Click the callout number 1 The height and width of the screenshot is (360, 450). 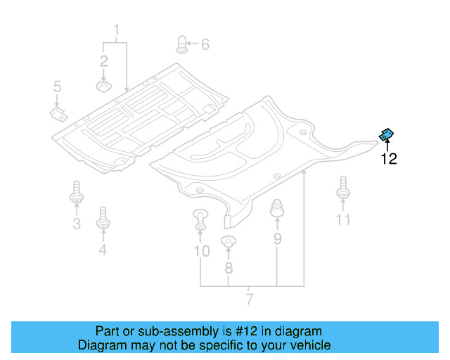[117, 30]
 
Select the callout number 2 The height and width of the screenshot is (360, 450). [103, 60]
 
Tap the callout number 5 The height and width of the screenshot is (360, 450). [58, 87]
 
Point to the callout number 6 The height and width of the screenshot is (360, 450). [205, 45]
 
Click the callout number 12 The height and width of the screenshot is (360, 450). [389, 159]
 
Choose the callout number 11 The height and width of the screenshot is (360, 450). [342, 220]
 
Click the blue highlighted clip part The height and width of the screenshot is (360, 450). [387, 134]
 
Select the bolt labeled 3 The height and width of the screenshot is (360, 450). [76, 193]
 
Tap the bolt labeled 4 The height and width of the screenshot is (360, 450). [103, 219]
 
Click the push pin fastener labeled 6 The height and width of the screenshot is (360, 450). [181, 44]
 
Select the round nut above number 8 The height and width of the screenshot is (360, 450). [228, 243]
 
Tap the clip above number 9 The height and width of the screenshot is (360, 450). [277, 209]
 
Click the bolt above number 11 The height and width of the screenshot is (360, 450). [343, 188]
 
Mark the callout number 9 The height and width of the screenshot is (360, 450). [277, 239]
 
